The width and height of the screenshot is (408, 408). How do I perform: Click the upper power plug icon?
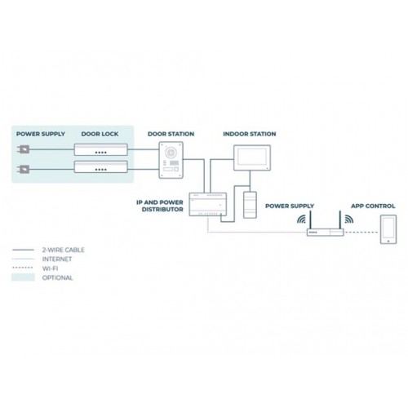click(24, 149)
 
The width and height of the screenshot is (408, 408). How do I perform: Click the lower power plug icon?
click(24, 170)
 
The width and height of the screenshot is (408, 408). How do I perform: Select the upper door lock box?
click(101, 149)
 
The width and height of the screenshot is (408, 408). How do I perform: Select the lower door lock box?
click(101, 166)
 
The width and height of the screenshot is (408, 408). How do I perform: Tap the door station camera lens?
click(171, 153)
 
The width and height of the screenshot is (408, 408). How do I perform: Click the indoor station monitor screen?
click(252, 157)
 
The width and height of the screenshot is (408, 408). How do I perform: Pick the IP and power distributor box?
click(208, 204)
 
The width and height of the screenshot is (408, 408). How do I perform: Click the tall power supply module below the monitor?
click(250, 205)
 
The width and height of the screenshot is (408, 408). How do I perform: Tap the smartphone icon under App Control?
click(388, 229)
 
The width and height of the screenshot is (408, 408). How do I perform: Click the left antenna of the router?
click(310, 220)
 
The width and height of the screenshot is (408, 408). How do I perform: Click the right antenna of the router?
click(339, 220)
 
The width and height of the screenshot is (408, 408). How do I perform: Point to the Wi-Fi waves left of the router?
click(301, 220)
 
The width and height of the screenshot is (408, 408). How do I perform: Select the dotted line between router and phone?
click(361, 233)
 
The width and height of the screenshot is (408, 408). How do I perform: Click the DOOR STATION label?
click(171, 134)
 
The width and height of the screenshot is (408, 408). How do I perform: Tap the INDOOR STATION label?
click(250, 134)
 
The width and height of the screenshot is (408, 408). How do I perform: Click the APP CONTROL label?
click(373, 206)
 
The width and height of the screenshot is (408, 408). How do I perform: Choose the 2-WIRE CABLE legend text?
click(63, 250)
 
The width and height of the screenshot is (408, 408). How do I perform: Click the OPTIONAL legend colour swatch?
click(23, 277)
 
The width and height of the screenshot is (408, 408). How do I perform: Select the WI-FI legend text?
click(50, 268)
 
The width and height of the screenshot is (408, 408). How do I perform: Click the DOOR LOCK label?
click(100, 134)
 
